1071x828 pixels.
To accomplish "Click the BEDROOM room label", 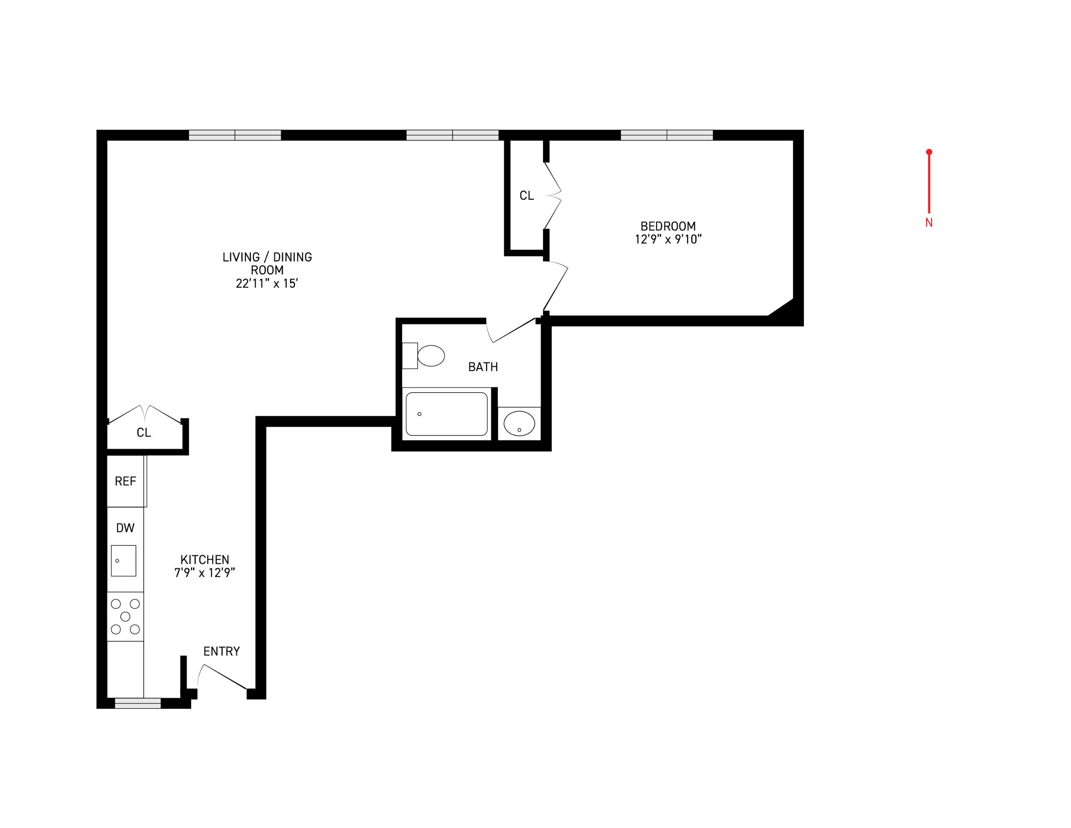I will coord(668,226).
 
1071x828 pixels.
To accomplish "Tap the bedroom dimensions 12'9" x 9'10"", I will coord(668,239).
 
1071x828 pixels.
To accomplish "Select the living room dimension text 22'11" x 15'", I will coord(267,284).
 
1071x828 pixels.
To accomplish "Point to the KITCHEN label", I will coord(205,560).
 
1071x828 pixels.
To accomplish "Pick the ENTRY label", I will coord(221,651).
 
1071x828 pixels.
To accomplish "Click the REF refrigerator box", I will coord(126,481).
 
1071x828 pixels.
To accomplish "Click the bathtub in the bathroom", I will coord(446,414).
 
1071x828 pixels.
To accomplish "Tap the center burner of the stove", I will coord(125,616).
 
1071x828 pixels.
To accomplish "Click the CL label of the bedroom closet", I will coord(526,196).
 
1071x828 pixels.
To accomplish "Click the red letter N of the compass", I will coord(929,223).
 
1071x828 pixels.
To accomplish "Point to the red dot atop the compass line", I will coord(929,152).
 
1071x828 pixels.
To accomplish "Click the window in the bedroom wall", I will coord(666,135).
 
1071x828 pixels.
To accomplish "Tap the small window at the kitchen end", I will coord(138,703).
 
